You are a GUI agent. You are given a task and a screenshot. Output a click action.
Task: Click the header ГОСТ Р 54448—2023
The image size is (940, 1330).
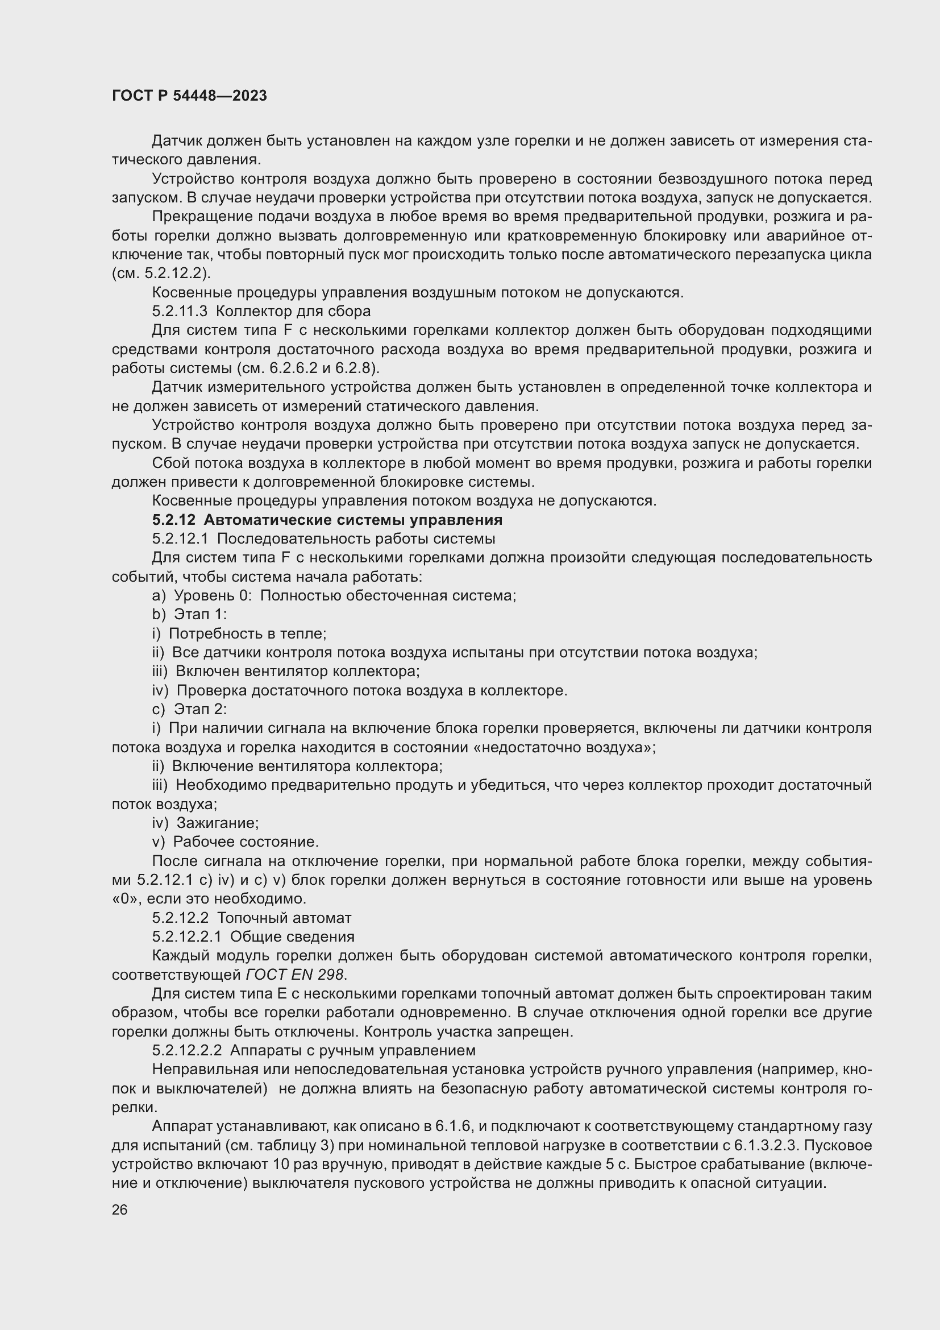point(189,96)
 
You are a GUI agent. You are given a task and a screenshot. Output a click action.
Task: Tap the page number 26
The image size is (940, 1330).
point(120,1209)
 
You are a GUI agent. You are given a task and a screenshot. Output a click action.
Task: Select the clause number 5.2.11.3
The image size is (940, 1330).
point(180,311)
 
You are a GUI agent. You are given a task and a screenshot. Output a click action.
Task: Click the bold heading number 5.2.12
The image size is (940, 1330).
point(174,520)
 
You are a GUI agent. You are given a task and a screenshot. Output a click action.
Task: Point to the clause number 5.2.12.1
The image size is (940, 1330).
point(180,538)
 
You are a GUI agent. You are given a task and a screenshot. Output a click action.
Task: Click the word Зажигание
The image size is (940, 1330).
point(217,823)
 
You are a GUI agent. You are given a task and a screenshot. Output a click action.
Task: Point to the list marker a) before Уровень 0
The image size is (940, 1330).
point(159,595)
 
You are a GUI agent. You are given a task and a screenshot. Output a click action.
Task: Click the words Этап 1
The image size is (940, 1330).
point(200,614)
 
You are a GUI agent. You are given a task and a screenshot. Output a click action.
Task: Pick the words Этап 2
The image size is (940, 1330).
point(200,709)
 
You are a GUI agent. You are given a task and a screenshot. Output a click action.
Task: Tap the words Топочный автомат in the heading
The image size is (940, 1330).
point(284,918)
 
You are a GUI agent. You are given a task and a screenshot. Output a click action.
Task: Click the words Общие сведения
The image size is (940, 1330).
point(292,937)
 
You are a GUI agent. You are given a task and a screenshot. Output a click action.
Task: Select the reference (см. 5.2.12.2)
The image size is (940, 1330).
point(161,273)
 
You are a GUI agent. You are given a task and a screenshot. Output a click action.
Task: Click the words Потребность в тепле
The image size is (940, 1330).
point(247,633)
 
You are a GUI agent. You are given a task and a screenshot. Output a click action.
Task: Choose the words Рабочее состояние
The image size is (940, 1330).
point(246,842)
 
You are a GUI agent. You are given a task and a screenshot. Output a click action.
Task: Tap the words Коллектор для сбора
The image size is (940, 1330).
point(293,311)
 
